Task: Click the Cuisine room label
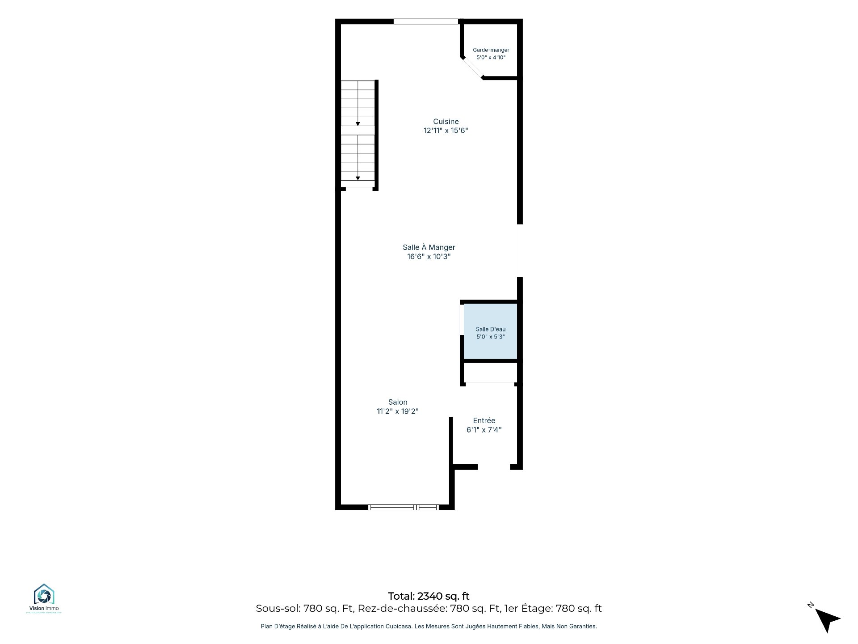pyautogui.click(x=446, y=121)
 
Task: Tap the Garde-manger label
pyautogui.click(x=491, y=50)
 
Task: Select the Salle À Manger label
pyautogui.click(x=429, y=247)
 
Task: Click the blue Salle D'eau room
pyautogui.click(x=490, y=331)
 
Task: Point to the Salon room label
pyautogui.click(x=398, y=402)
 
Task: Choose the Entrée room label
pyautogui.click(x=484, y=420)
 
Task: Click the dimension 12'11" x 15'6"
pyautogui.click(x=446, y=131)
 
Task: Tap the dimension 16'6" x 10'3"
pyautogui.click(x=429, y=256)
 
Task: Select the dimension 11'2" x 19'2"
pyautogui.click(x=398, y=411)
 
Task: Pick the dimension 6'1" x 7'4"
pyautogui.click(x=484, y=430)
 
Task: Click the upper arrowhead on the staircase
pyautogui.click(x=358, y=124)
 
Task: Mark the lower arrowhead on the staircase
pyautogui.click(x=358, y=178)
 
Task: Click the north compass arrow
pyautogui.click(x=828, y=620)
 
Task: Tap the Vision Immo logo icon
pyautogui.click(x=44, y=594)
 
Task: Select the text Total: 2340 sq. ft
pyautogui.click(x=429, y=596)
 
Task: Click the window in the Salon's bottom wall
pyautogui.click(x=404, y=507)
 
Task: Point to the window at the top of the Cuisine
pyautogui.click(x=426, y=21)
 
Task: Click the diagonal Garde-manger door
pyautogui.click(x=472, y=68)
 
